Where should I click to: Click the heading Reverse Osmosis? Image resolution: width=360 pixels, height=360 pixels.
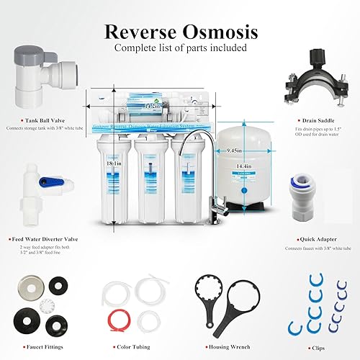(181, 32)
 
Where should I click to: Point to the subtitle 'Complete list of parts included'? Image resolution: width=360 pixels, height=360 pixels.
(180, 49)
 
